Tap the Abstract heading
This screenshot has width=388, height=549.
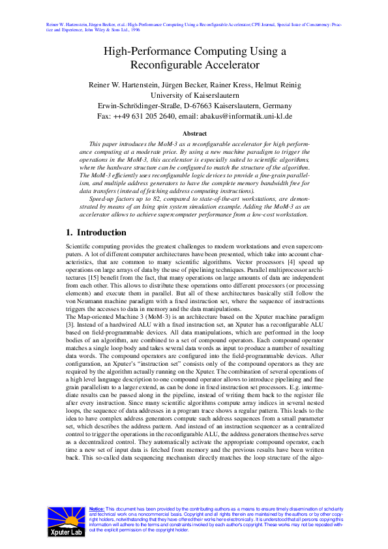click(x=194, y=133)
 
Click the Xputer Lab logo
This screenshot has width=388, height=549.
click(x=65, y=522)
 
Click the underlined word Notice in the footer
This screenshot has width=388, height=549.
click(x=97, y=509)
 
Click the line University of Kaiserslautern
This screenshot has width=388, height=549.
click(x=194, y=95)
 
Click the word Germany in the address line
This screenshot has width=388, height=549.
click(x=274, y=106)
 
